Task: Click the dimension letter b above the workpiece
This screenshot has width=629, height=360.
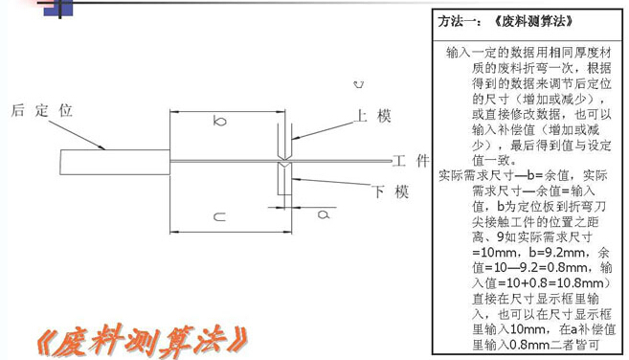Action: pyautogui.click(x=220, y=122)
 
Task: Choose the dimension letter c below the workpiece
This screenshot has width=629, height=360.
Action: pyautogui.click(x=219, y=217)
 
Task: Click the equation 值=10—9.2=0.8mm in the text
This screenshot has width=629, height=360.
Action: pyautogui.click(x=533, y=267)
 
